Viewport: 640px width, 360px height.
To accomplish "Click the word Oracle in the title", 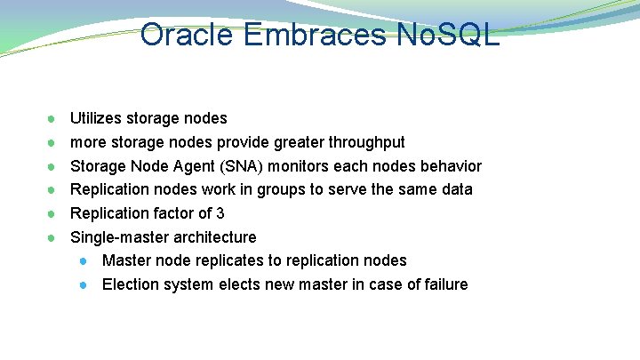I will pos(184,35).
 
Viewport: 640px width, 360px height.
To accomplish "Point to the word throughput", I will pos(366,142).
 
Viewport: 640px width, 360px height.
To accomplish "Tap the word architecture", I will pos(212,237).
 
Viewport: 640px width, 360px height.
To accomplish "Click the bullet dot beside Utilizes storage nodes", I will pos(53,118).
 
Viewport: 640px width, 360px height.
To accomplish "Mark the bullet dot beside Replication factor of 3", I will pos(53,213).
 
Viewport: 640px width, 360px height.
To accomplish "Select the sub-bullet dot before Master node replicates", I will pos(83,261).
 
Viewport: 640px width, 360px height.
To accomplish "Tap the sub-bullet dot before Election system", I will pos(83,285).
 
